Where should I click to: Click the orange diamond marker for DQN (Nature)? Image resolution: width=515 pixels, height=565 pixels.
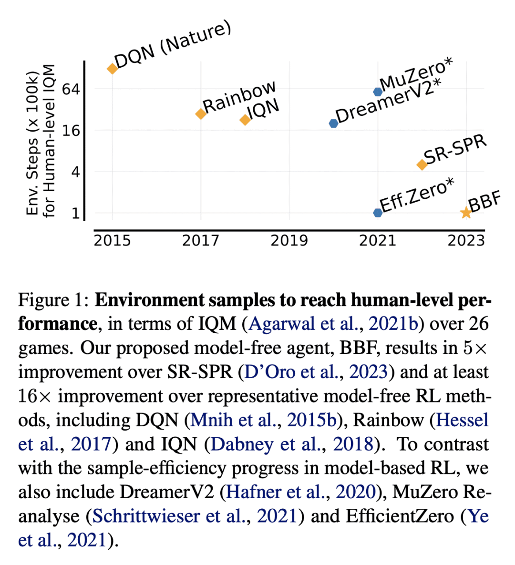click(113, 69)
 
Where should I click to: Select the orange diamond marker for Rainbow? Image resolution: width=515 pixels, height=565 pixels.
click(201, 113)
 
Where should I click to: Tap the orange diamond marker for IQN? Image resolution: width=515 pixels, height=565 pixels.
click(245, 120)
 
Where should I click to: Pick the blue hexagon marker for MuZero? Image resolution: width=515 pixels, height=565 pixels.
click(378, 92)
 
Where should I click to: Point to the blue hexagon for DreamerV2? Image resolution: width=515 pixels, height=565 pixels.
click(333, 123)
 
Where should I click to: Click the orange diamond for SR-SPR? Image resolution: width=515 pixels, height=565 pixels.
click(422, 164)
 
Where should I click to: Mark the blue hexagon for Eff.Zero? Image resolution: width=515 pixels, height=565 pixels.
click(378, 213)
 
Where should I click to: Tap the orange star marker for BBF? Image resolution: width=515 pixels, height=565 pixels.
click(466, 213)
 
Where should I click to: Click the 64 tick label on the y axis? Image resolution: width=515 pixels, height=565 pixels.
click(71, 89)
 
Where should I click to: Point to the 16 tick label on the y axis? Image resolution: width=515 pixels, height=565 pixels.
click(71, 131)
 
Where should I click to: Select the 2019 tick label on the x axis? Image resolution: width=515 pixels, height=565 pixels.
click(289, 240)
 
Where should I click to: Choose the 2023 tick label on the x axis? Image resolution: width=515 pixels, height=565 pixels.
click(466, 240)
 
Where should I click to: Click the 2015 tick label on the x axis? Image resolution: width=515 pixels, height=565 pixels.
click(113, 240)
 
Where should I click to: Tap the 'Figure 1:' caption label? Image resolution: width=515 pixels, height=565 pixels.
click(54, 300)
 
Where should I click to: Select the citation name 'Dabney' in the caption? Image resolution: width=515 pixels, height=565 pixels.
click(242, 444)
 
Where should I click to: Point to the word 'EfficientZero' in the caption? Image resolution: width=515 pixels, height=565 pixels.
click(393, 516)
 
